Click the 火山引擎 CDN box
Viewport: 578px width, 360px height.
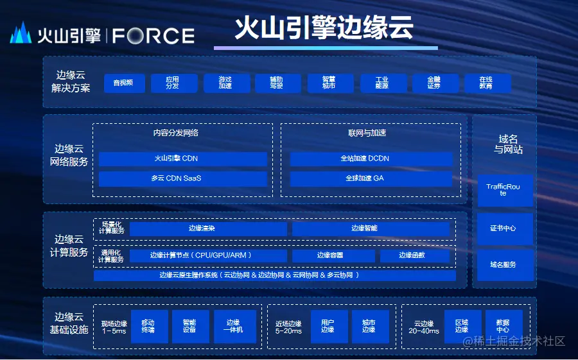click(182, 159)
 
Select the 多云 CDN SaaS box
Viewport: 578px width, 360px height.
click(182, 178)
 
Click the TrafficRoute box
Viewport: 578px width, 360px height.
click(505, 190)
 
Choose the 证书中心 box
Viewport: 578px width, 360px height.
click(505, 228)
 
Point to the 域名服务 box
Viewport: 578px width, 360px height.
click(505, 264)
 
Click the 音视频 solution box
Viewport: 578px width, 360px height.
click(123, 83)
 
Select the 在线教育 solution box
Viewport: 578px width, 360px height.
click(486, 83)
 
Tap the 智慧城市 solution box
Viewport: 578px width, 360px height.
click(329, 83)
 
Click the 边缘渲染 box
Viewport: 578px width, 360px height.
click(199, 228)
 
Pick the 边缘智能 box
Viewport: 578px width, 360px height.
click(370, 228)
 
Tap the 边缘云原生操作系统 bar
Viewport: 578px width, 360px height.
click(274, 275)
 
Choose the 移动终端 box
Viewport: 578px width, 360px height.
click(149, 327)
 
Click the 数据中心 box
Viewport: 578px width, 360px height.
click(502, 327)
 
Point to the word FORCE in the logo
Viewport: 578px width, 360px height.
click(153, 35)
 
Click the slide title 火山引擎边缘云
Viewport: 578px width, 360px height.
click(324, 28)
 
